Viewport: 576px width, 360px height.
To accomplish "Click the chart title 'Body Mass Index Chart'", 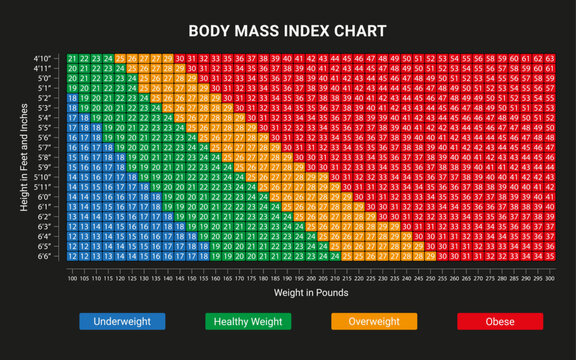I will (288, 29).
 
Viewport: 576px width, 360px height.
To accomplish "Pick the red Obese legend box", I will (499, 322).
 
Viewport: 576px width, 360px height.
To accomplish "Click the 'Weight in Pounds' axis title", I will (311, 293).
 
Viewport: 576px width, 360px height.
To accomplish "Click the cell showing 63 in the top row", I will (549, 58).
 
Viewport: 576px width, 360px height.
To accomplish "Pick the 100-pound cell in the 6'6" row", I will (72, 255).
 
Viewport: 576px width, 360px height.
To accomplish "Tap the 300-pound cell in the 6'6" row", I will (549, 255).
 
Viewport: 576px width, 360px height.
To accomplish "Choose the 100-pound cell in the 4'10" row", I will (72, 58).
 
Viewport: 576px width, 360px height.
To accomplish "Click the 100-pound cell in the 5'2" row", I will (72, 98).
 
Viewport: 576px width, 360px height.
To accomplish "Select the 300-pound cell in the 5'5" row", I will (549, 128).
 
